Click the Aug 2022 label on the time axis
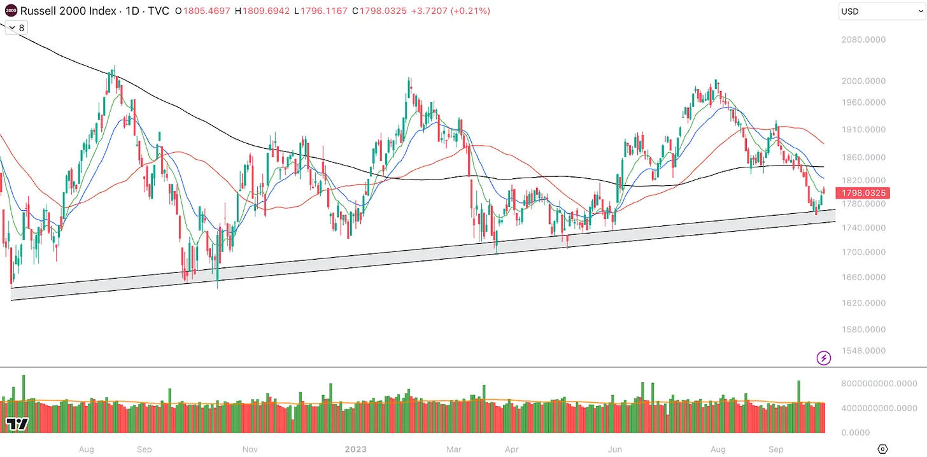pos(87,449)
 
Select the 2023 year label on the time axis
pos(356,449)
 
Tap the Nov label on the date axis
pos(250,449)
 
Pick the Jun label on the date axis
pos(614,449)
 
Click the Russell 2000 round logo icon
pos(10,11)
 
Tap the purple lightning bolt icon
pos(824,358)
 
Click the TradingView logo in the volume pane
pos(17,424)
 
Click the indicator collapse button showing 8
pos(17,28)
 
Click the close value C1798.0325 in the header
pos(380,11)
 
